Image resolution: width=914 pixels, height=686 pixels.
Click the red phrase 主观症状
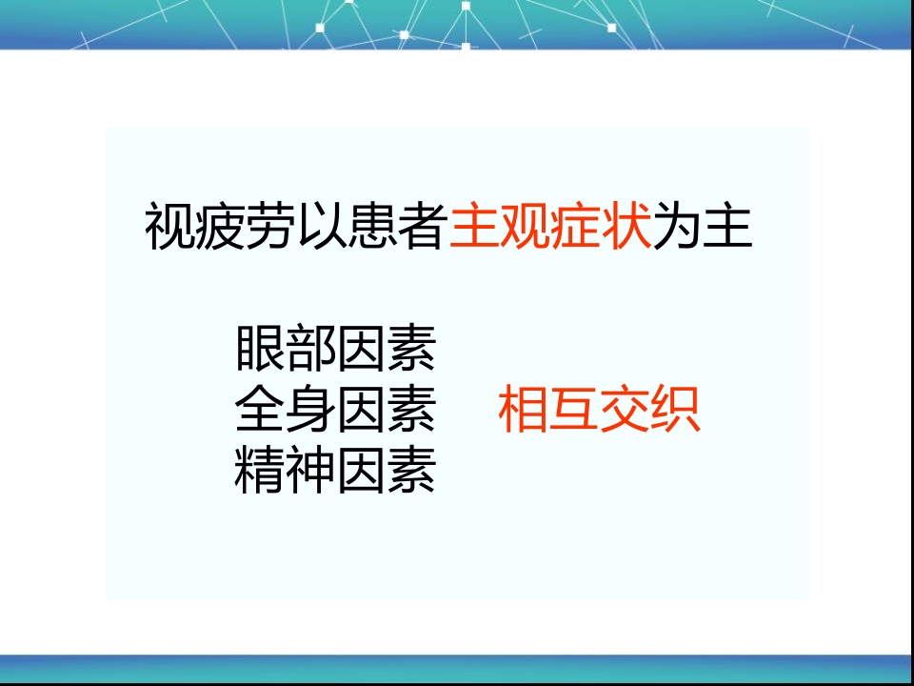point(550,228)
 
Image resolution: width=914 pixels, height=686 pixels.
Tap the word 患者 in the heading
point(398,228)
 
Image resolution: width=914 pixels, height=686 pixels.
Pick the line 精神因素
point(335,471)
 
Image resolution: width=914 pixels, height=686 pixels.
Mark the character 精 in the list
point(260,471)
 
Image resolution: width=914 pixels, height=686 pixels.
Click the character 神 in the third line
point(310,471)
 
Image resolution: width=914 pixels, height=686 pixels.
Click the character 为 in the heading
point(678,228)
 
